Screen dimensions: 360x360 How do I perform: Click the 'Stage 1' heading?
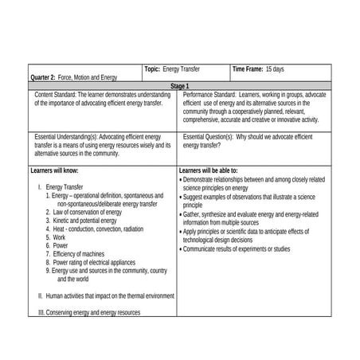point(179,85)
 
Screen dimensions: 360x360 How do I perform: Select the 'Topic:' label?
point(152,69)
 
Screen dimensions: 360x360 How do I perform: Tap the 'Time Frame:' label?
point(248,69)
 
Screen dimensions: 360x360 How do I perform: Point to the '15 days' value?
point(275,69)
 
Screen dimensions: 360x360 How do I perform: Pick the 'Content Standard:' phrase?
point(55,95)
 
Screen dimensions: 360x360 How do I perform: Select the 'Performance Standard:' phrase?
point(209,95)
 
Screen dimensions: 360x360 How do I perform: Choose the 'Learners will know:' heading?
point(54,170)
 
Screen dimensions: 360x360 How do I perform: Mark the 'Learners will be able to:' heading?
point(209,170)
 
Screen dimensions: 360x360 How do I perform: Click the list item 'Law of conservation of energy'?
point(88,213)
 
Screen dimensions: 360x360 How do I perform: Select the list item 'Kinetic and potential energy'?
point(87,221)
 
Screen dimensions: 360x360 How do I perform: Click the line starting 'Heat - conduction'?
point(98,229)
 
